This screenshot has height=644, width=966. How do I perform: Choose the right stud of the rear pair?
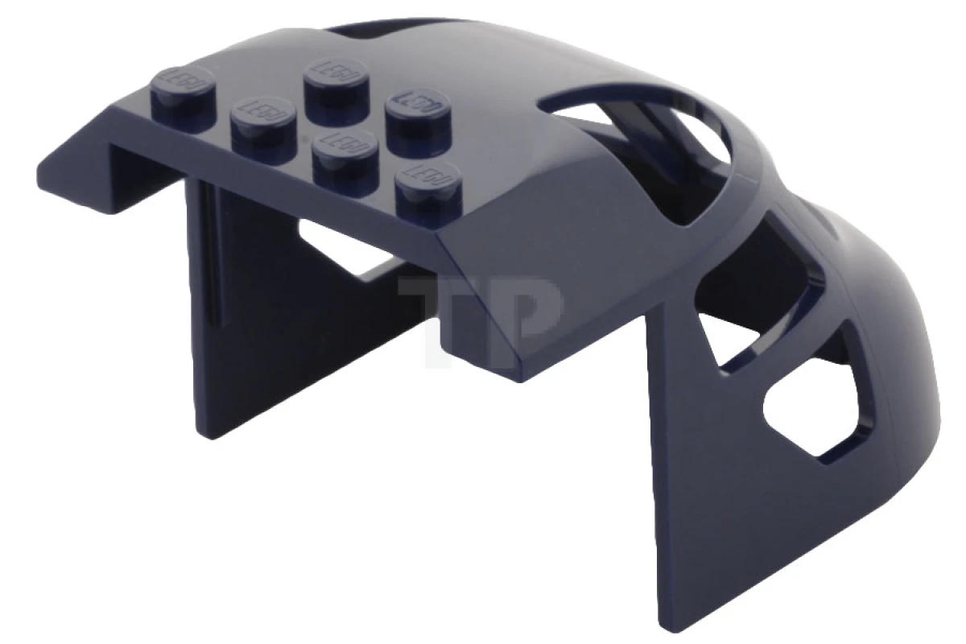(418, 110)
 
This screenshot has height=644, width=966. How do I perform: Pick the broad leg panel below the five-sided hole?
(724, 499)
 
